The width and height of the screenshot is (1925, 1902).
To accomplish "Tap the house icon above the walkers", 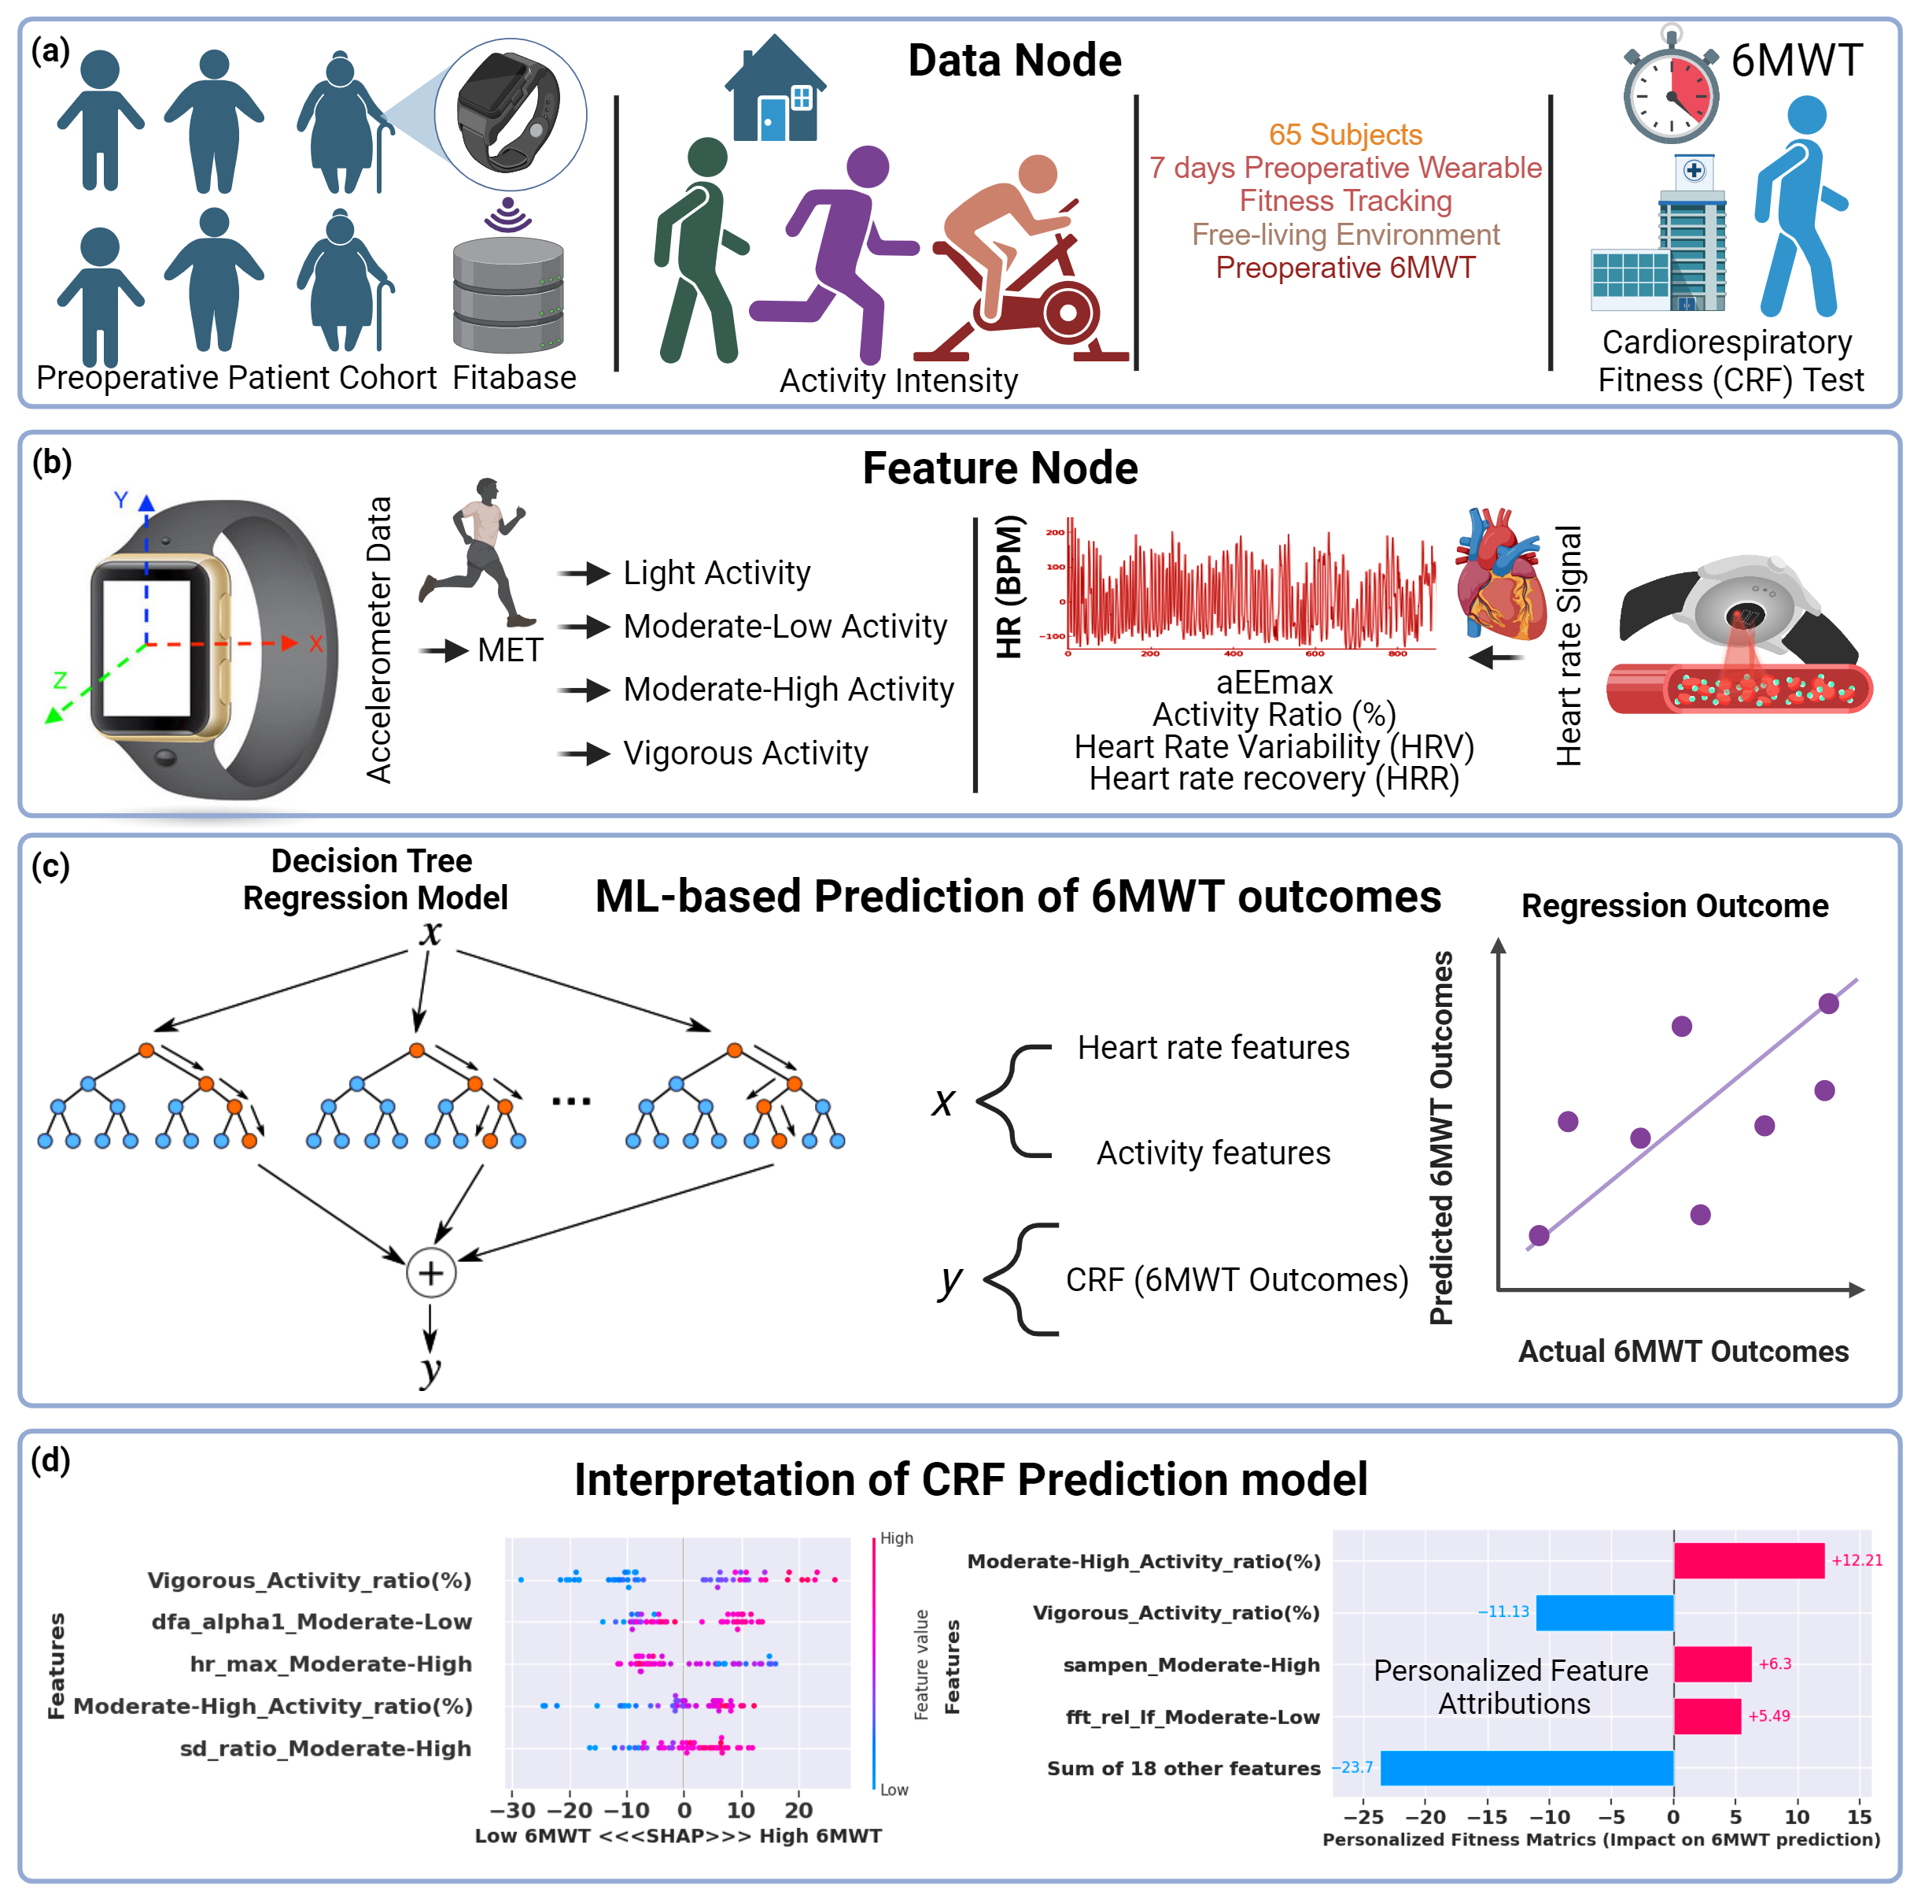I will (775, 91).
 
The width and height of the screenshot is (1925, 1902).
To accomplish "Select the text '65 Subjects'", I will (1344, 135).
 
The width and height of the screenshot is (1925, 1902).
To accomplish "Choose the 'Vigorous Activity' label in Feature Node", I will (745, 753).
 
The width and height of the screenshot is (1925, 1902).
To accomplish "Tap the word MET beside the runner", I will (509, 650).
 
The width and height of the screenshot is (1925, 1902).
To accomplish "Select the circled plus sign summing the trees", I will (430, 1273).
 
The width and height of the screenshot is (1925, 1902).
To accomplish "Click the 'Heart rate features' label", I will (1212, 1048).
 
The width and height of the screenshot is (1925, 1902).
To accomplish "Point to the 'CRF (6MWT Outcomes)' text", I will (1237, 1280).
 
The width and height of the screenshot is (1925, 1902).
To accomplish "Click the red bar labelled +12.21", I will (1748, 1561).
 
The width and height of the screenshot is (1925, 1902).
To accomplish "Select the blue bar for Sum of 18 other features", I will (1525, 1768).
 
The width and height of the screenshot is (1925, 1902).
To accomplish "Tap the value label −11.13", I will (1503, 1612).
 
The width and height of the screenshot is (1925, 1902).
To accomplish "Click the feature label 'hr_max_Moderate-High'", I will (330, 1663).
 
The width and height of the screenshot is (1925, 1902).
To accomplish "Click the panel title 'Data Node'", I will (1014, 61).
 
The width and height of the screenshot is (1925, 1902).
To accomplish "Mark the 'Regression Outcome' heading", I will (1674, 906).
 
